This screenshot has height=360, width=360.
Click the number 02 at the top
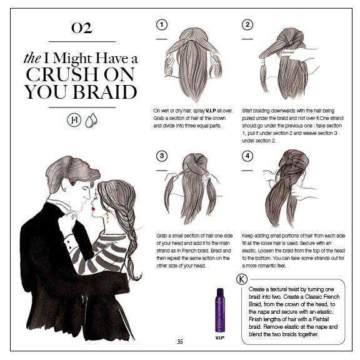(x=82, y=27)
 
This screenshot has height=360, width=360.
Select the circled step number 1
(x=162, y=25)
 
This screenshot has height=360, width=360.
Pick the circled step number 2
(x=248, y=25)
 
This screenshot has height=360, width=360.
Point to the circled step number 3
(x=162, y=156)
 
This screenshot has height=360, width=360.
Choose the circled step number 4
(x=248, y=156)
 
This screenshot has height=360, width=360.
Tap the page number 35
(x=180, y=341)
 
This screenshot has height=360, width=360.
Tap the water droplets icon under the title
(x=91, y=119)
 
